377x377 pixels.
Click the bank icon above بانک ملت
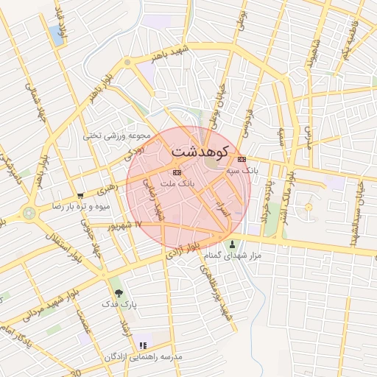click(x=175, y=172)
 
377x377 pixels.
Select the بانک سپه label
click(x=243, y=169)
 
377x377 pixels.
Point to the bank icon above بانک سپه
click(x=242, y=159)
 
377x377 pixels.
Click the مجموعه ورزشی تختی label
click(x=116, y=135)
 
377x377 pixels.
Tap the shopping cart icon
click(x=80, y=196)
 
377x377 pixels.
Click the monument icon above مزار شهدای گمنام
click(x=233, y=245)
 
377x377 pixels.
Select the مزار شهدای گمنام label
click(x=238, y=256)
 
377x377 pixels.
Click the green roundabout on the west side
click(x=29, y=214)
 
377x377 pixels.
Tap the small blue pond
click(x=56, y=33)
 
